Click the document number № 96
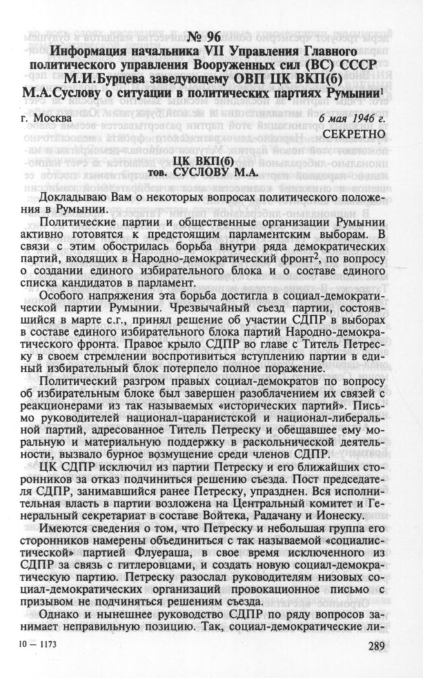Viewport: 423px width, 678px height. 211,35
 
